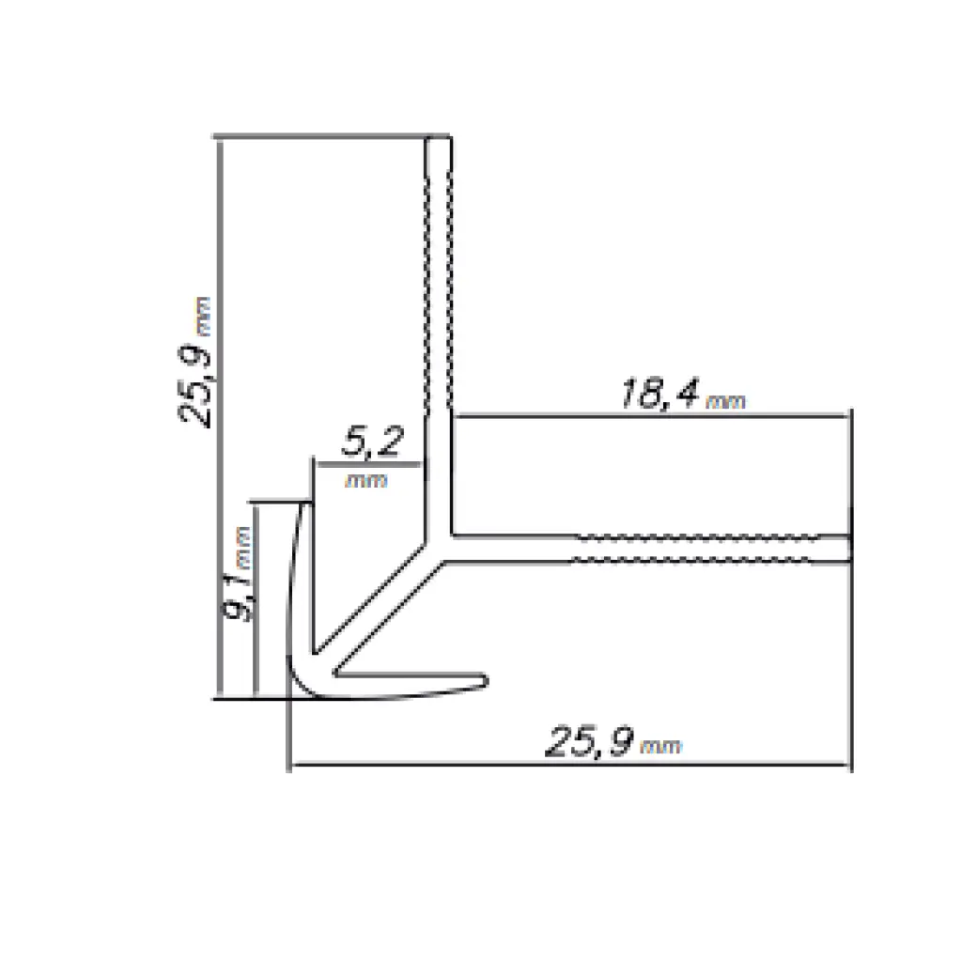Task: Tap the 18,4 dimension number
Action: pyautogui.click(x=659, y=396)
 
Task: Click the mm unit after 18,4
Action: pyautogui.click(x=725, y=402)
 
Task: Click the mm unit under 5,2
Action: pyautogui.click(x=367, y=480)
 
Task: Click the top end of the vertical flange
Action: pyautogui.click(x=438, y=141)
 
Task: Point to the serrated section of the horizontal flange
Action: pyautogui.click(x=695, y=550)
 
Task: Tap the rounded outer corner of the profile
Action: pyautogui.click(x=298, y=686)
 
